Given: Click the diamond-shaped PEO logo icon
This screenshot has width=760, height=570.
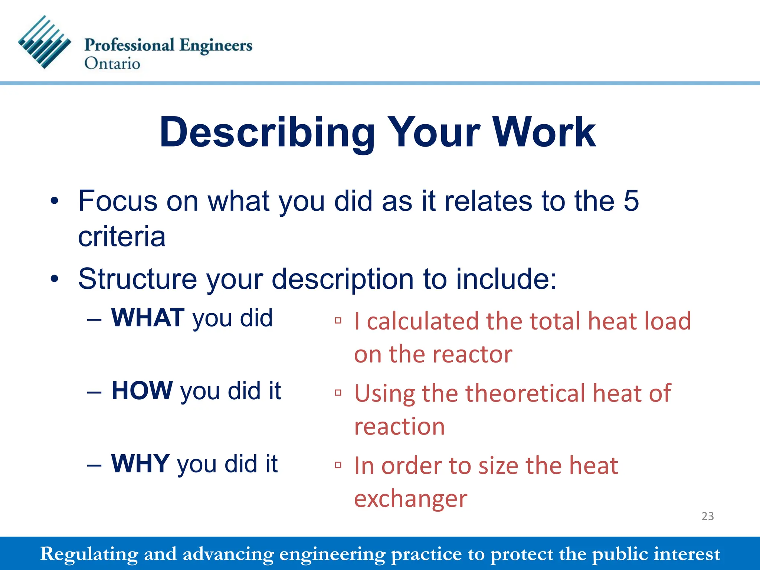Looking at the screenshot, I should point(45,42).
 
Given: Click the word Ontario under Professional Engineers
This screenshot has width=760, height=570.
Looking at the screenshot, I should point(112,63).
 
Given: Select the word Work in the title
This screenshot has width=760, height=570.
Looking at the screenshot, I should point(544,132).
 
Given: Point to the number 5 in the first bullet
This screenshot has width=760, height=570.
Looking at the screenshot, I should point(631,201).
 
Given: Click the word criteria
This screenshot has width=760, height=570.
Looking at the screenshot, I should point(122,237).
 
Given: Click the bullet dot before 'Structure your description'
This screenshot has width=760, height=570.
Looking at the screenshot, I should point(55,279).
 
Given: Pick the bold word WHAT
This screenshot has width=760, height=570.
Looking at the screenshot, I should point(148,318).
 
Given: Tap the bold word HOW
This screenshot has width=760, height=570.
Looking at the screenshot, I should point(142,391).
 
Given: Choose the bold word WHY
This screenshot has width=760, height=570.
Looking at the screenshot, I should point(141,463).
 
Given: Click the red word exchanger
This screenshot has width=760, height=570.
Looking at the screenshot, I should point(410,499).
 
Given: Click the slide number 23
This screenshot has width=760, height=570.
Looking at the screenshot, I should point(707,516).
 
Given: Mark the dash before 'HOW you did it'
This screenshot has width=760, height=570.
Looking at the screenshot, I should point(94,392).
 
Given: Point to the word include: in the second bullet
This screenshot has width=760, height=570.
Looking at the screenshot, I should point(506,279).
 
